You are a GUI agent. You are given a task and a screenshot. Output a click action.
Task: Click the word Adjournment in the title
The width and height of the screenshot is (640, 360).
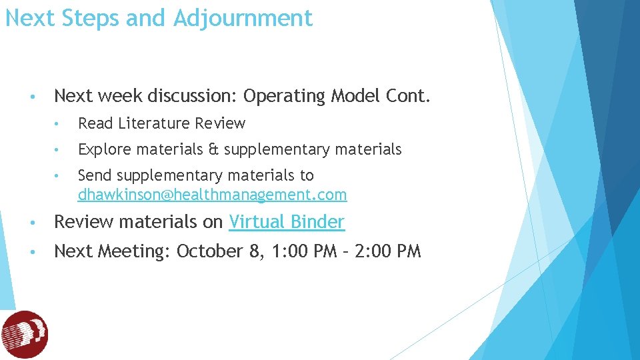243,18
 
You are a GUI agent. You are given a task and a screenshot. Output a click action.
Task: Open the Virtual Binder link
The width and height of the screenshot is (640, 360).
287,221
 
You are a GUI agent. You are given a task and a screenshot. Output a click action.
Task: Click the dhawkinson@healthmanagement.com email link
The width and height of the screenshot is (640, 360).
212,195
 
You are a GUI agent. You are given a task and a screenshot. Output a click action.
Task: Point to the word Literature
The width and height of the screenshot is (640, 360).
155,123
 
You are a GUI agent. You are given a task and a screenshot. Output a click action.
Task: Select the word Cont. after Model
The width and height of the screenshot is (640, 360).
408,97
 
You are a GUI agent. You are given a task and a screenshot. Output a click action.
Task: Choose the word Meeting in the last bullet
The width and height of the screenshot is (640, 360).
135,251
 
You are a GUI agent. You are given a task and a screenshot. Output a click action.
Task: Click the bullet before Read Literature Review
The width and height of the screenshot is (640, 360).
59,124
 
